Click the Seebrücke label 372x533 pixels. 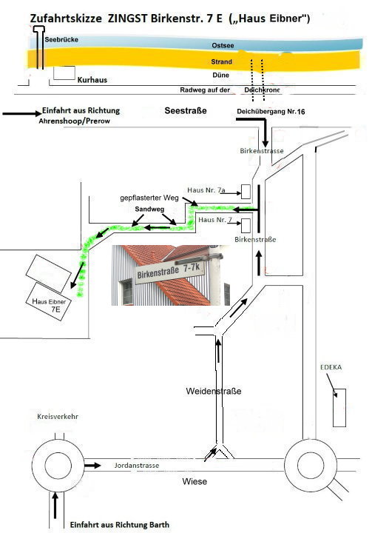61,39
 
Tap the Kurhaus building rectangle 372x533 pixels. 64,73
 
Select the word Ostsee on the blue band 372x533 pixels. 223,45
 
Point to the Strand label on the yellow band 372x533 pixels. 222,61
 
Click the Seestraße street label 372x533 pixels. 186,110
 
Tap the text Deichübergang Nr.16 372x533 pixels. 271,112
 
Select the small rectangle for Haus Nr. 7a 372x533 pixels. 246,192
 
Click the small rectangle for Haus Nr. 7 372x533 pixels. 246,226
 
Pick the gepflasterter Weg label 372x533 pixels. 149,198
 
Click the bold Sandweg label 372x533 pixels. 149,209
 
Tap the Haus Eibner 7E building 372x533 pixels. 50,301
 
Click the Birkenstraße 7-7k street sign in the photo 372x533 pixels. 170,270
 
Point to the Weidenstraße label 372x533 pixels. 214,391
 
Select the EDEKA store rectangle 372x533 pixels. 339,408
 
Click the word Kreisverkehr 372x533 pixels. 58,416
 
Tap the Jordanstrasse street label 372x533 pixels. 137,466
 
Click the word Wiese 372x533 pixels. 195,481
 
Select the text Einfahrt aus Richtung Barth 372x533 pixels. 120,525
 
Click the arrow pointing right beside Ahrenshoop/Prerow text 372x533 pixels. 21,113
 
